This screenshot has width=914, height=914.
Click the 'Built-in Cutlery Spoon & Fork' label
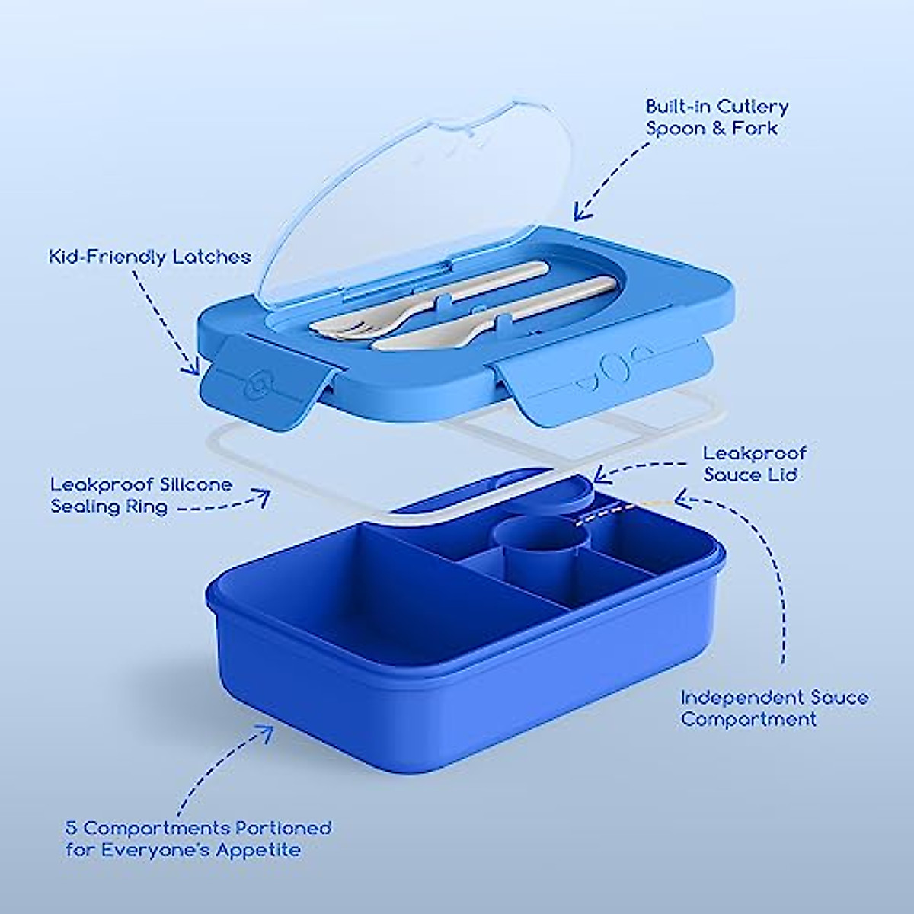point(717,117)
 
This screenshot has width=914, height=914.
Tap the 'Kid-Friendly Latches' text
point(149,256)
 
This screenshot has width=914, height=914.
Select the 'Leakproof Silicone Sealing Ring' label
point(141,495)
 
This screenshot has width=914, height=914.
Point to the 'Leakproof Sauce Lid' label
point(754,464)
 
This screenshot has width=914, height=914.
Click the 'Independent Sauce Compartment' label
point(774,708)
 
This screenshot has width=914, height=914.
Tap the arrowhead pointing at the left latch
point(190,367)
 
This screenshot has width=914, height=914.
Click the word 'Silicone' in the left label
point(194,484)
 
